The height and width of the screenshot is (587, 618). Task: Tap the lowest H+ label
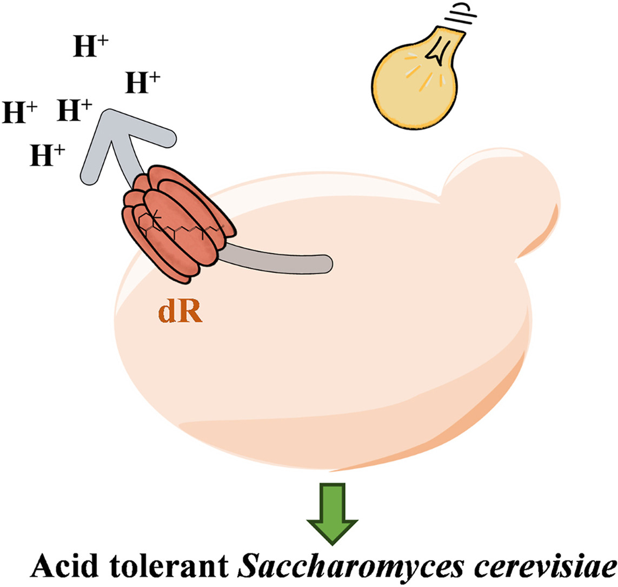click(48, 156)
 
